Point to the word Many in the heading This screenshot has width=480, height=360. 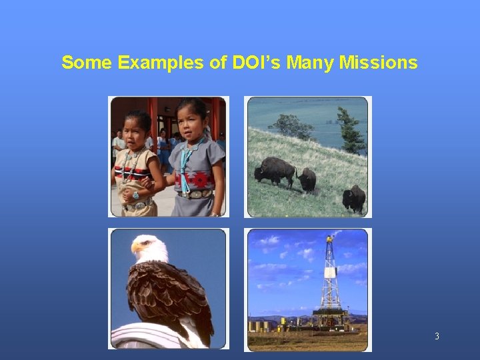coord(313,63)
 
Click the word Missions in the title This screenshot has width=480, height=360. coord(378,63)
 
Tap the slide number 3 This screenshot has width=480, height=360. coord(437,336)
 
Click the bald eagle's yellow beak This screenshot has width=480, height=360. coord(138,247)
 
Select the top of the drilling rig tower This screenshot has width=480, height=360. coord(329,239)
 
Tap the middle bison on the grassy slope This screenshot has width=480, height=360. coord(307,179)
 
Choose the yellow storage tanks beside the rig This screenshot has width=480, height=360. coord(260,326)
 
